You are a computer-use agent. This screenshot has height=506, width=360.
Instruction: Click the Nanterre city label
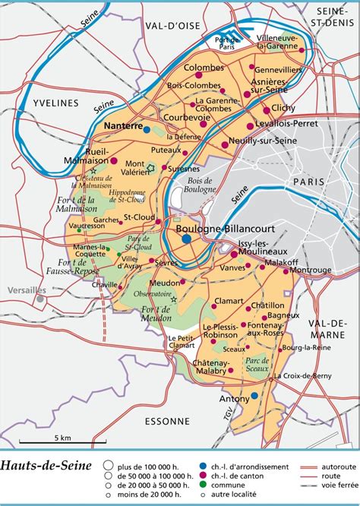(x=123, y=128)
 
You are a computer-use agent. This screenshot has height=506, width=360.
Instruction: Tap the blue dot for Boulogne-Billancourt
(x=187, y=239)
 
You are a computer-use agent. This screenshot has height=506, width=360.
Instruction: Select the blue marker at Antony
(x=254, y=396)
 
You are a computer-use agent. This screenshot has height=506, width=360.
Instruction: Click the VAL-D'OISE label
(x=172, y=25)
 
